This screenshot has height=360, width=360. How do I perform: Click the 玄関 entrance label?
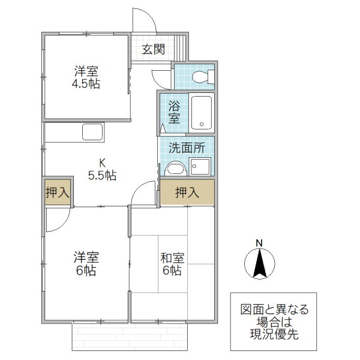154,49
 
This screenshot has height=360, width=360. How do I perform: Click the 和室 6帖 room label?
172,263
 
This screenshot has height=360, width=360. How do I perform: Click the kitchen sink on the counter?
92,132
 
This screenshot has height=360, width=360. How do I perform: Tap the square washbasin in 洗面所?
199,166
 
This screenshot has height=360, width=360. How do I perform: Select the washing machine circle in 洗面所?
174,167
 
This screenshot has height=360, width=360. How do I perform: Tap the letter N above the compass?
259,242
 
